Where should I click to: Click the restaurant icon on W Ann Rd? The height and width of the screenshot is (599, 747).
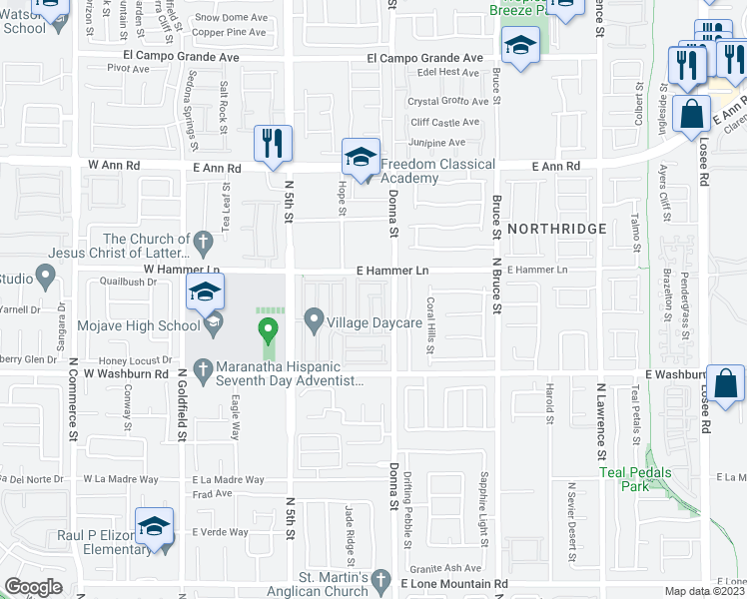(x=273, y=143)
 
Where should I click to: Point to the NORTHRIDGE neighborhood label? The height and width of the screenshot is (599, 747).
(x=556, y=229)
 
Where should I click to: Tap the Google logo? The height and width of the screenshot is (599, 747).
(x=33, y=587)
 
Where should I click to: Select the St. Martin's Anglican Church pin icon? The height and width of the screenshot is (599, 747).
(x=379, y=579)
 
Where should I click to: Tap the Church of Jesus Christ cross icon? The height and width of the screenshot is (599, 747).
(x=203, y=241)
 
